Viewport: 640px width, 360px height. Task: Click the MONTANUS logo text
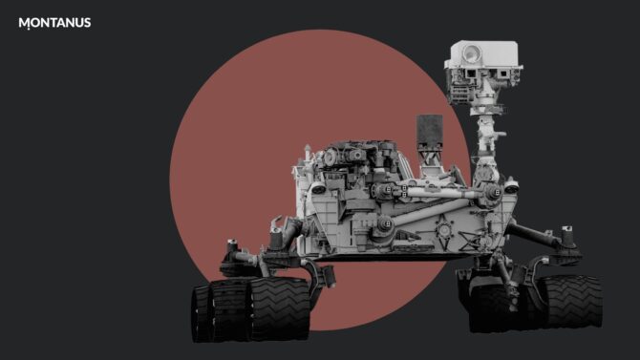[x=54, y=23]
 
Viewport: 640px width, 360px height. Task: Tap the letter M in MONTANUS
[x=24, y=23]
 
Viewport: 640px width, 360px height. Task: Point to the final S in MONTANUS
[x=87, y=23]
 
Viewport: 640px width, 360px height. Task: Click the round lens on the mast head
[x=472, y=53]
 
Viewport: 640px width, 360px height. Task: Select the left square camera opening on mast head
[x=471, y=74]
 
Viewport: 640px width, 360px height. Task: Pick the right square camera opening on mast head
[x=502, y=74]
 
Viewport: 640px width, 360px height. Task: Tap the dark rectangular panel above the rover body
[x=430, y=131]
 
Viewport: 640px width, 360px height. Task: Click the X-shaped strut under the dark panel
[x=430, y=157]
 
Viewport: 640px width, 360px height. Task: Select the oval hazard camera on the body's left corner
[x=318, y=188]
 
